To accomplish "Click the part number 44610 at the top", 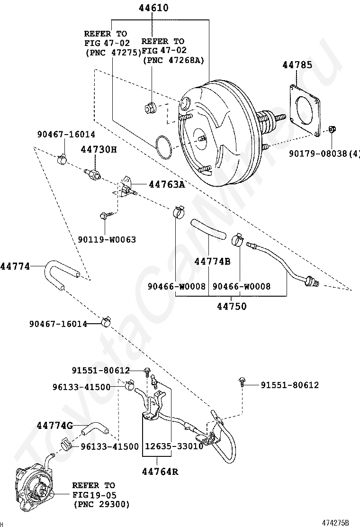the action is (153, 8).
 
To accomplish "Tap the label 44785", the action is (297, 65).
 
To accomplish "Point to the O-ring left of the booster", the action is (164, 147).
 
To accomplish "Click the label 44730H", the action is (99, 150).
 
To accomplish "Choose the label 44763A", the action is (167, 184).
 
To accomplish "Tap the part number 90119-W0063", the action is (107, 240).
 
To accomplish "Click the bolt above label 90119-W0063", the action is (104, 215).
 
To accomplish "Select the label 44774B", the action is (213, 261).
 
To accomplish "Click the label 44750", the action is (231, 307).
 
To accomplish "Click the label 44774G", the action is (55, 426).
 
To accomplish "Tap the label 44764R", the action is (160, 472).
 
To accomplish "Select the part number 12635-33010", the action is (174, 446).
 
